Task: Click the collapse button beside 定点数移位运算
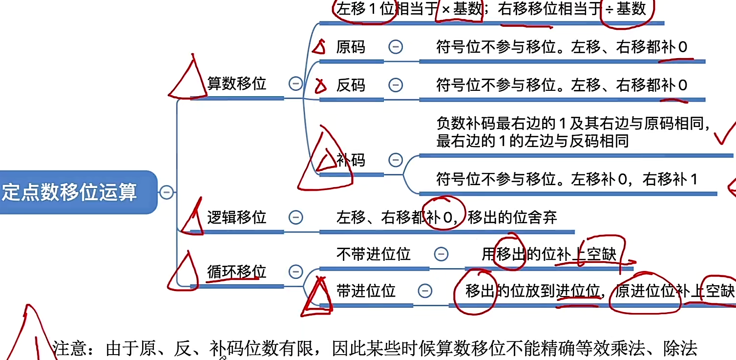167,192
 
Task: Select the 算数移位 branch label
237,84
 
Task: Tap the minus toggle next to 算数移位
295,84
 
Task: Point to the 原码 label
351,47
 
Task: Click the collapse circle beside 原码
396,47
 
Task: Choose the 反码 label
351,85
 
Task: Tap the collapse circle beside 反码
396,85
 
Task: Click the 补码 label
351,160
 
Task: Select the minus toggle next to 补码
396,160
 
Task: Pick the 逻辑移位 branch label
237,217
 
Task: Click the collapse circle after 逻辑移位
295,217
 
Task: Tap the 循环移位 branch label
237,271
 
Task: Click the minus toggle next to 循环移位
295,271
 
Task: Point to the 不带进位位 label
374,254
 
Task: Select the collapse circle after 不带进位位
441,254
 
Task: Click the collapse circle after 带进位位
425,291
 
